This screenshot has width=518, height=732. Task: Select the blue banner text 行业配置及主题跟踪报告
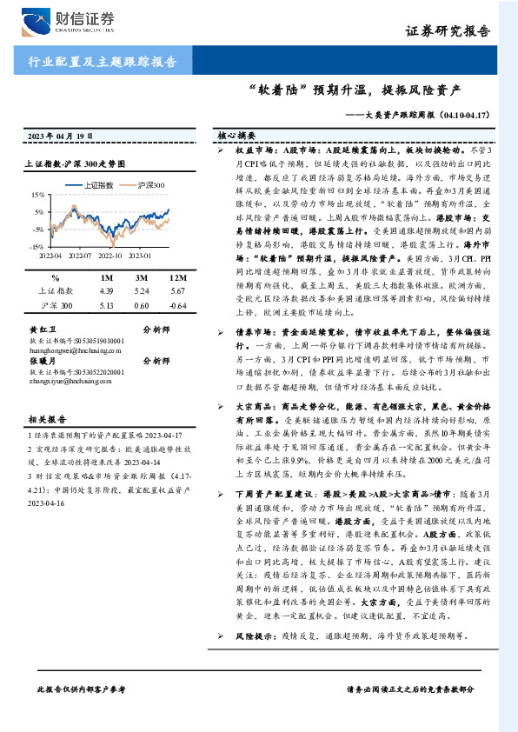pos(96,62)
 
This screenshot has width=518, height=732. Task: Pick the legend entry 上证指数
pos(103,185)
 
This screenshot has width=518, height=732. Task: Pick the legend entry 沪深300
pos(149,185)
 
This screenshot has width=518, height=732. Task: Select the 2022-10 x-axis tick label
pos(110,256)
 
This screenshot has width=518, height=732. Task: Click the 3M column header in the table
pos(143,277)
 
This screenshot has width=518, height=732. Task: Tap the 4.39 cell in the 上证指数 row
pos(108,291)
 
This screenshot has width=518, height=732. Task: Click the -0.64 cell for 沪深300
pos(177,306)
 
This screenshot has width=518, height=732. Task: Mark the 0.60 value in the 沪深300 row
pos(143,306)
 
